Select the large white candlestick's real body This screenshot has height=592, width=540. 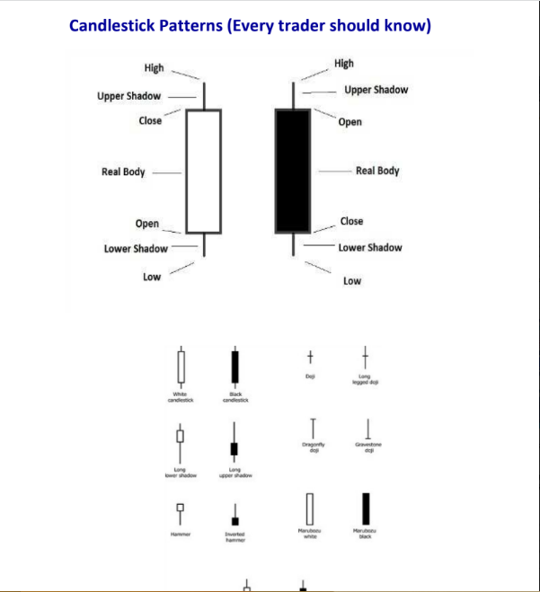point(203,171)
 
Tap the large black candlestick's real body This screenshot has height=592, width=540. point(293,171)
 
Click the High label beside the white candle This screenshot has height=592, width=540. point(154,68)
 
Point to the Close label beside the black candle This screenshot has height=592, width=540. point(352,221)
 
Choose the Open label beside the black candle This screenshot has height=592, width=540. point(350,122)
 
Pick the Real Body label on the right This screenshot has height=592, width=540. point(377,171)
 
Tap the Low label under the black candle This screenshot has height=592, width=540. point(352,281)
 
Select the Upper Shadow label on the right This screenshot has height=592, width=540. point(376,90)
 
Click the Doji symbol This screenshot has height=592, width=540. point(310,357)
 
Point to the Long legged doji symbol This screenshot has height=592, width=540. point(366,357)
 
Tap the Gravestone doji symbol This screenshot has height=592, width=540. point(368,429)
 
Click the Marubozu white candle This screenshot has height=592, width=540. point(310,509)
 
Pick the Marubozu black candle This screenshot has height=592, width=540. point(366,509)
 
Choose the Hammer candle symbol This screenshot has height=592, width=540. point(181,509)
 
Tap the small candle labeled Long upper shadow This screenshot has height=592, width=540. point(235,446)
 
